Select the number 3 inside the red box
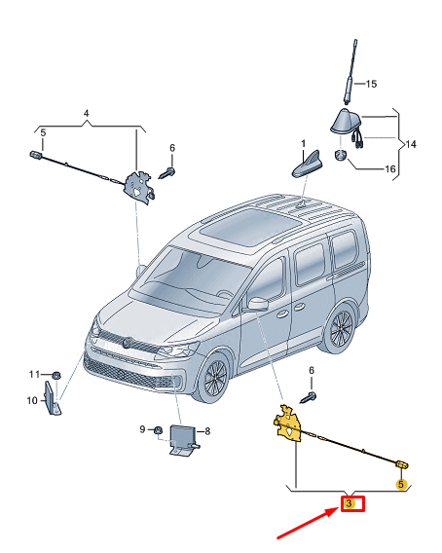(x=350, y=503)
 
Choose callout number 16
(x=388, y=168)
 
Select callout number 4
(x=86, y=114)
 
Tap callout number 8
(x=206, y=430)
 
